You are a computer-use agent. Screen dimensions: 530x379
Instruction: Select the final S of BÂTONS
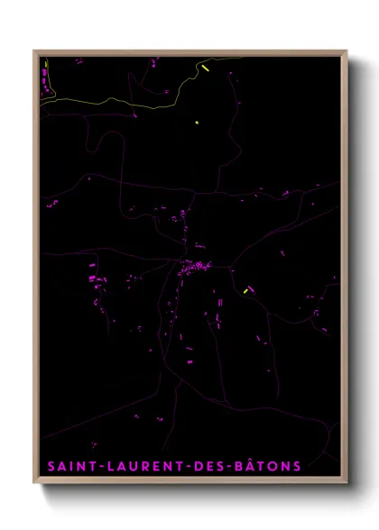298,466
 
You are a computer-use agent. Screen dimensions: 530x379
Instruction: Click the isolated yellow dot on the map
196,122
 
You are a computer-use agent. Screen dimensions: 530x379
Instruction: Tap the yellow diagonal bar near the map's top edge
206,67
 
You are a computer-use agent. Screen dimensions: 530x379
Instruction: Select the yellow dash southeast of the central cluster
245,290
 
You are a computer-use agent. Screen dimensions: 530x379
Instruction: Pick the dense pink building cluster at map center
194,267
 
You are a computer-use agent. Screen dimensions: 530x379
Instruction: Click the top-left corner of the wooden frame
34,50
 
